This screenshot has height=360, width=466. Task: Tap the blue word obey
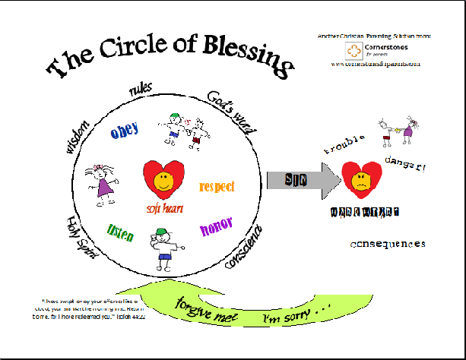(124, 131)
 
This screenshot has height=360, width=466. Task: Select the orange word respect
(217, 186)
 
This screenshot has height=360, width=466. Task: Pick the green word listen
(121, 232)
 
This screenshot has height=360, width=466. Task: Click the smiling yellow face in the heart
(162, 182)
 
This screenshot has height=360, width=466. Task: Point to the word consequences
(388, 245)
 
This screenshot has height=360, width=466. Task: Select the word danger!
(406, 163)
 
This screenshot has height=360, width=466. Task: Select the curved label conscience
(245, 246)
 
